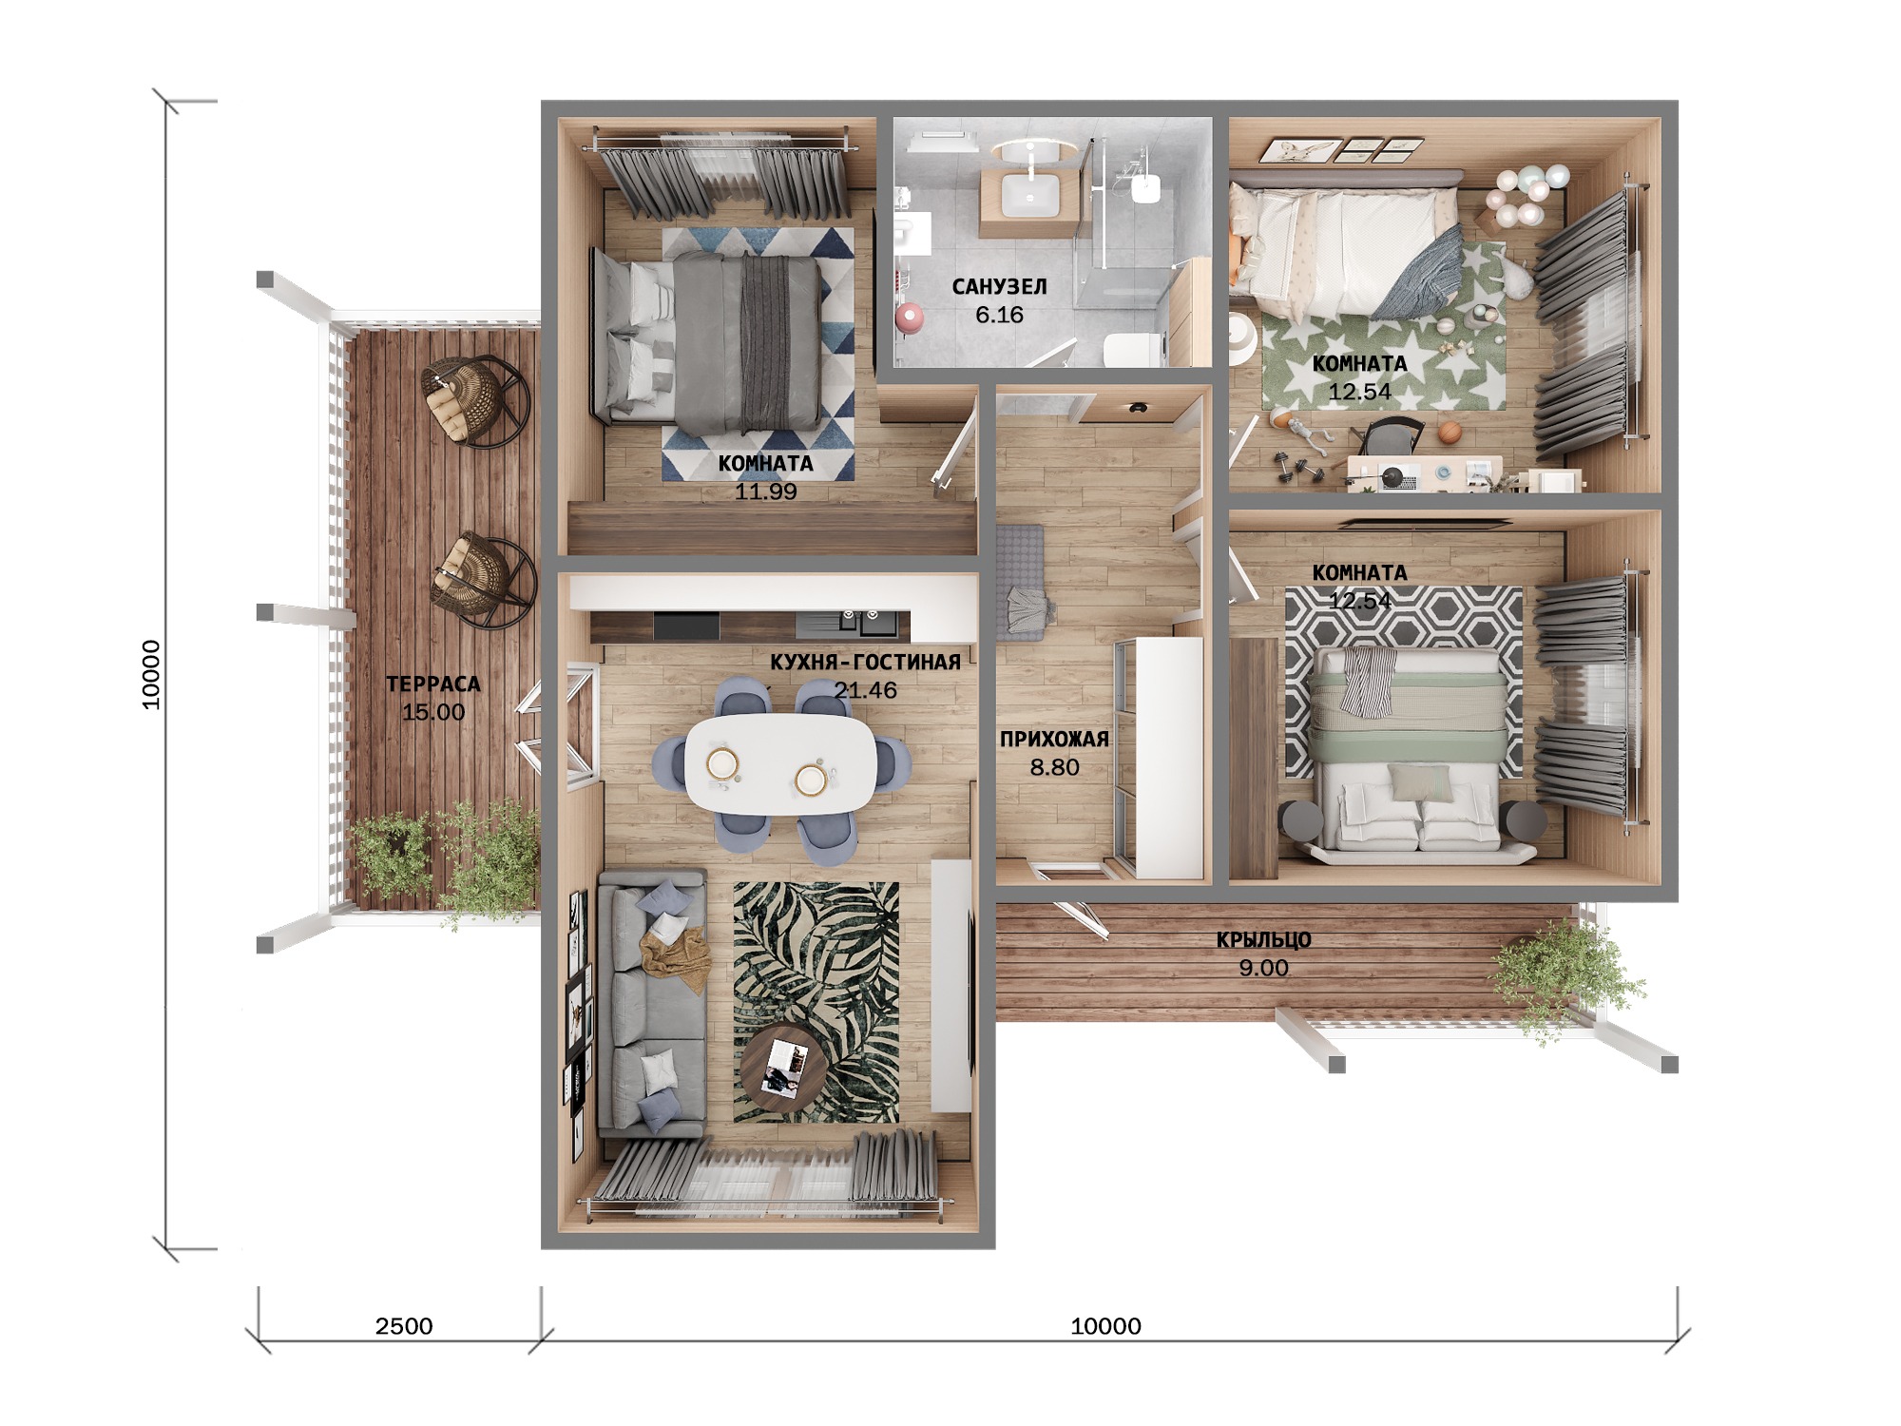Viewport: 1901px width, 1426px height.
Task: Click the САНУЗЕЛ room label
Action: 999,286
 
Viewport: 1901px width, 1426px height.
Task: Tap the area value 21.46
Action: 865,690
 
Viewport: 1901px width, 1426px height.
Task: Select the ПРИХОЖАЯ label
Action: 1054,739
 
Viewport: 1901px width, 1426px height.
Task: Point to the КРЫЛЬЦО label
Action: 1263,940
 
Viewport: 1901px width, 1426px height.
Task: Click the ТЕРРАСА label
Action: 433,684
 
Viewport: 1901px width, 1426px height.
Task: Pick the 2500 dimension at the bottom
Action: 404,1326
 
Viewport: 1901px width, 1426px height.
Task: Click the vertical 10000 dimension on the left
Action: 151,674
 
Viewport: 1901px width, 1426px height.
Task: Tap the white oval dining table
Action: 781,763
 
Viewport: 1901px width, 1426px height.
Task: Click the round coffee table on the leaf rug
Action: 782,1061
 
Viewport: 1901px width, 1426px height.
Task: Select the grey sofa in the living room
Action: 651,1004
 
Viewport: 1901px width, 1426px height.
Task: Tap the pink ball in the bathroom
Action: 910,317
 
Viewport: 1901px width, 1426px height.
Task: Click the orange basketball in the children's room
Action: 1449,433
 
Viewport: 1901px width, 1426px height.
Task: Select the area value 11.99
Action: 765,491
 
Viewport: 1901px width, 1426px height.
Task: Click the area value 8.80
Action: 1054,767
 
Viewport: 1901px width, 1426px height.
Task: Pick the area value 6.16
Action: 999,315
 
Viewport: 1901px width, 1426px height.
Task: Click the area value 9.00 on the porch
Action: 1263,968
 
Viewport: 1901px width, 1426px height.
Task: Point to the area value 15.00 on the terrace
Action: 433,712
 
